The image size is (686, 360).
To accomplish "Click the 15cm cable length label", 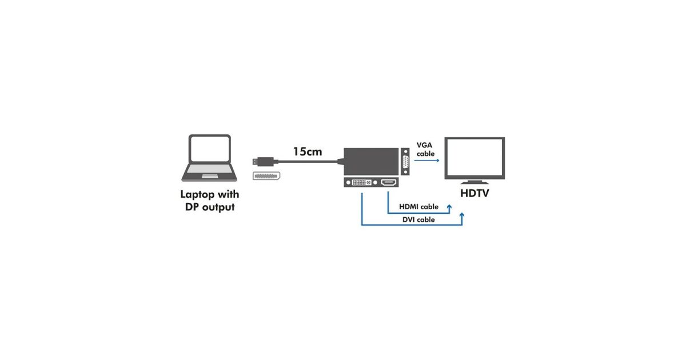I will tap(308, 151).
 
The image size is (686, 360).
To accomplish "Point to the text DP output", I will tap(210, 207).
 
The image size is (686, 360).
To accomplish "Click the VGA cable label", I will tap(425, 149).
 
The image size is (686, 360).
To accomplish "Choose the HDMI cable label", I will tap(418, 206).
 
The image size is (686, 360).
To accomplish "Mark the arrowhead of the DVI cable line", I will tap(462, 217).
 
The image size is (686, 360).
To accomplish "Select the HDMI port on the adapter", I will tap(389, 182).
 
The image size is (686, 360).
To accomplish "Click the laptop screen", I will tap(210, 149).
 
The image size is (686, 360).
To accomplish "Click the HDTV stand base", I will tap(474, 183).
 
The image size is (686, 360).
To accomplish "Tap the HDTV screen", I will tap(474, 158).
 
